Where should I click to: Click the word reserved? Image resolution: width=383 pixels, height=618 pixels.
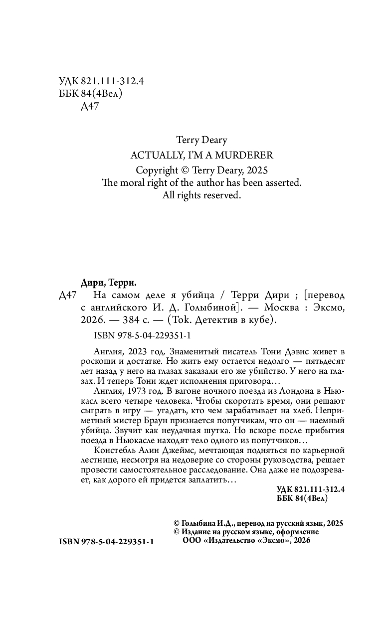coord(222,196)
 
